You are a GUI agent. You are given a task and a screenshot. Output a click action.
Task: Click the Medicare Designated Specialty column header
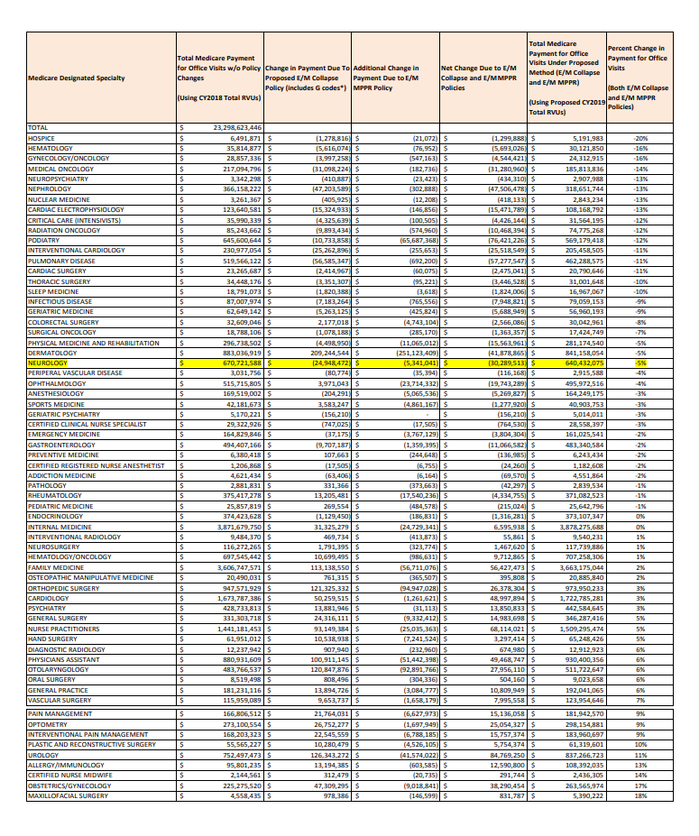point(77,78)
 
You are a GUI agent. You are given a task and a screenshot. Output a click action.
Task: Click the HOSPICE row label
point(43,138)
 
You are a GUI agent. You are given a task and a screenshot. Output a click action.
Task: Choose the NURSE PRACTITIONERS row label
point(63,628)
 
